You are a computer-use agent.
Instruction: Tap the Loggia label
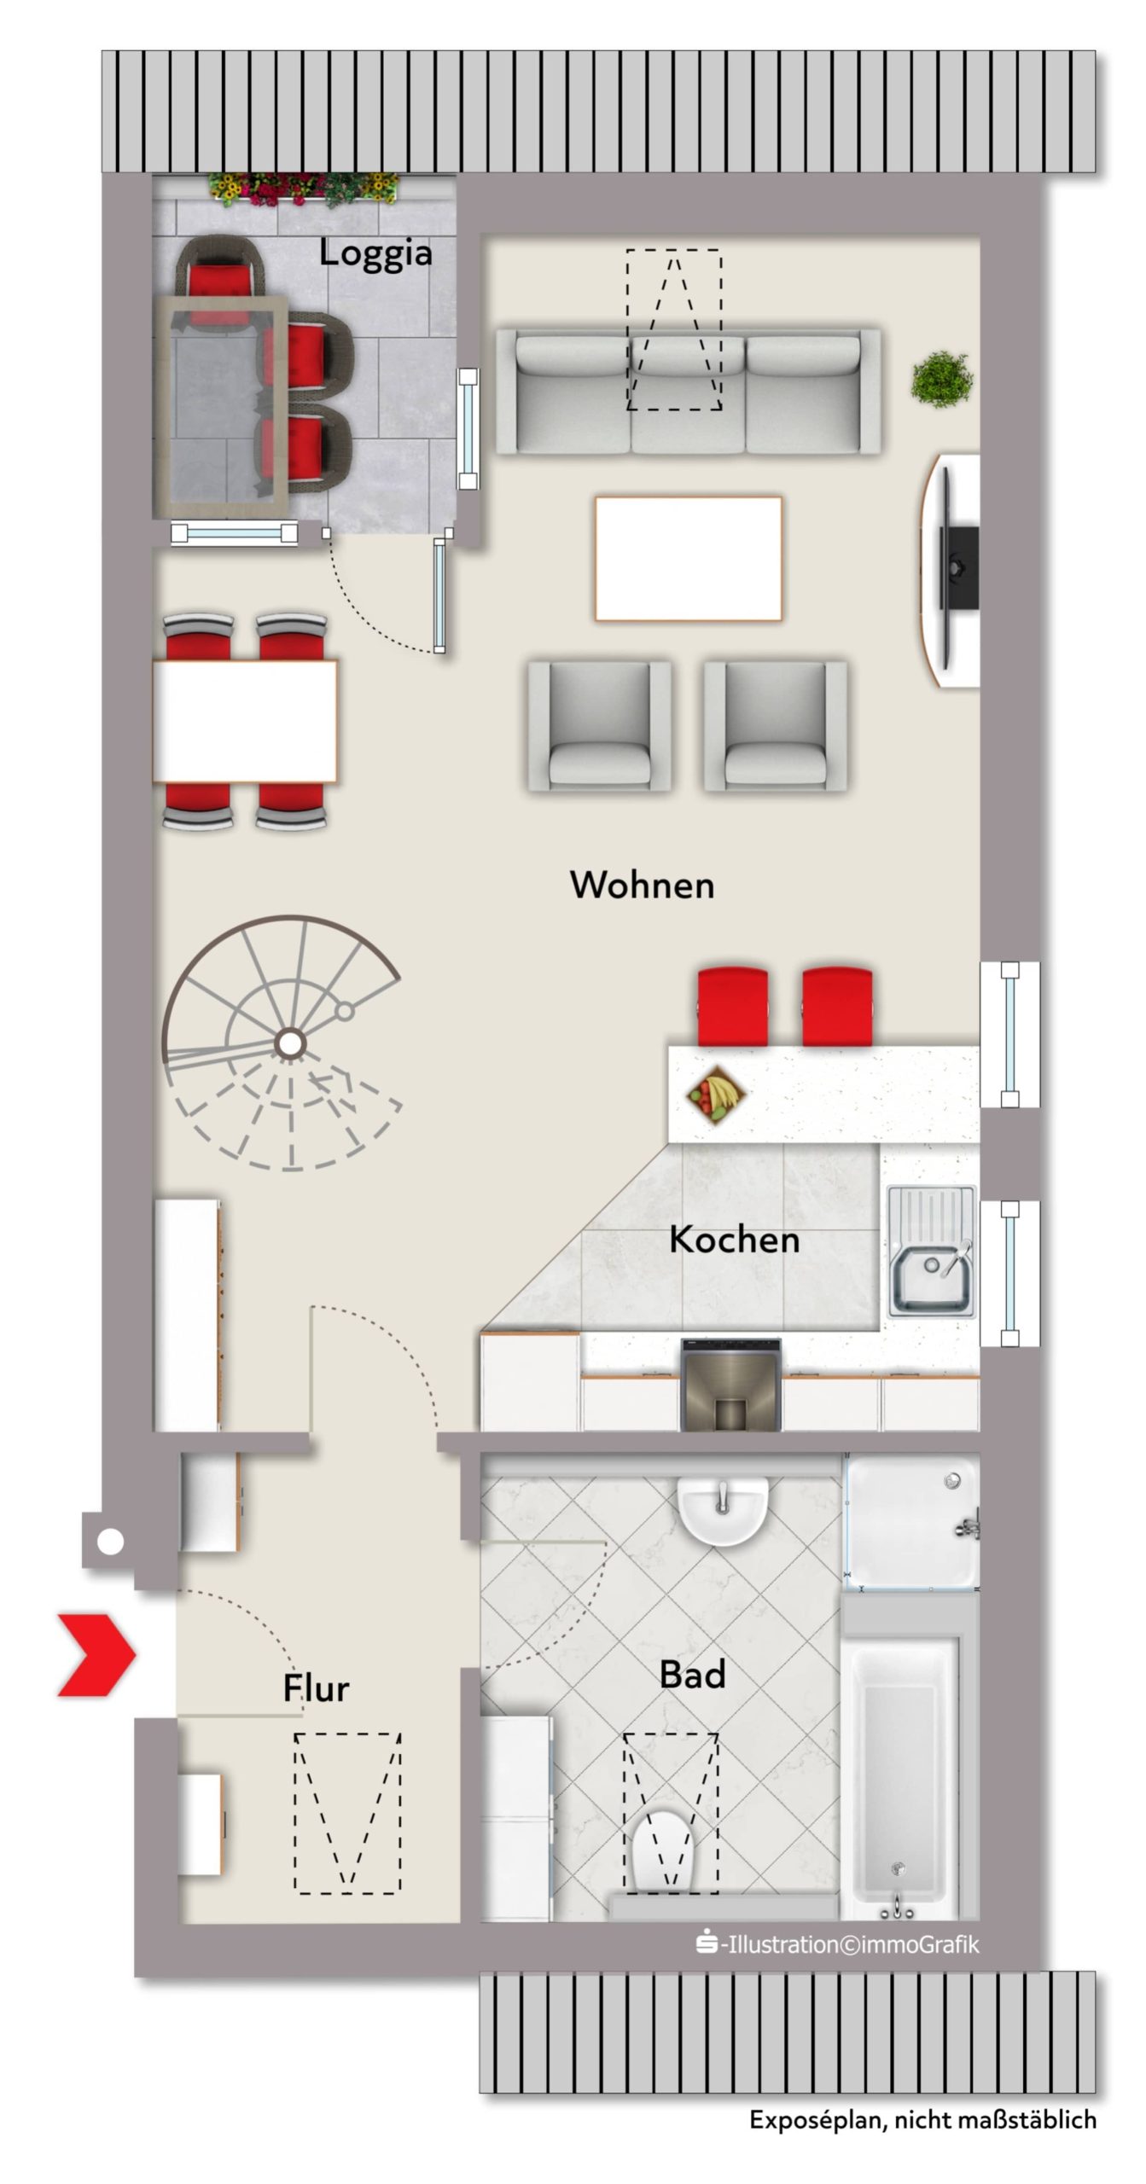click(x=375, y=253)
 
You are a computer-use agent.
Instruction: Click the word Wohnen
click(x=642, y=885)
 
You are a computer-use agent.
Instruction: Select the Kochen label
click(x=734, y=1240)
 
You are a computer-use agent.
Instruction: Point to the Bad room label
click(x=692, y=1675)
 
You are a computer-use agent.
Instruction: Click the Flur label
click(x=316, y=1688)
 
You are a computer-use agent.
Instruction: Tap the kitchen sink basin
click(x=930, y=1277)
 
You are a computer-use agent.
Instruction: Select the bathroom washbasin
click(x=723, y=1507)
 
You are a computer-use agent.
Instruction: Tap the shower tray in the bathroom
click(x=912, y=1521)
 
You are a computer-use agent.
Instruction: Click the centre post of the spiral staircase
click(x=290, y=1043)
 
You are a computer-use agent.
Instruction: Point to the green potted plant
click(x=942, y=379)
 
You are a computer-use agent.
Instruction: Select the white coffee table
click(x=688, y=559)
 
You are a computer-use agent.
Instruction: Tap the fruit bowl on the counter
click(x=718, y=1095)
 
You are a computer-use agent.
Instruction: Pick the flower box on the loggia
click(x=303, y=189)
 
